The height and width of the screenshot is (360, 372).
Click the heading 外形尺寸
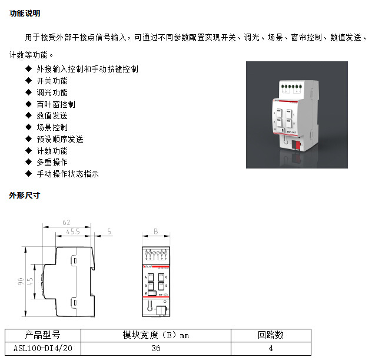coord(25,194)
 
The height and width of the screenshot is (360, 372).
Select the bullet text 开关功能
coord(52,81)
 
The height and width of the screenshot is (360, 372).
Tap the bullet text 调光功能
coord(52,93)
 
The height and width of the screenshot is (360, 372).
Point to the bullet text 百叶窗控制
coord(56,104)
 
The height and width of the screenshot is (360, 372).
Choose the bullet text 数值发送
coord(52,115)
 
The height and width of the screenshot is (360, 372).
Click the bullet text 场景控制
coord(52,127)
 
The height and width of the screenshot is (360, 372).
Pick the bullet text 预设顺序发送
coord(60,139)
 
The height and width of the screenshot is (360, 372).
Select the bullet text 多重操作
coord(52,162)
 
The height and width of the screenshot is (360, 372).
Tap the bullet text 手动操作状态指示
coord(68,174)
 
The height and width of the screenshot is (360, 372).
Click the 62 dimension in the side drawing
coord(66,223)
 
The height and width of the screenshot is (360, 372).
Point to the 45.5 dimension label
coord(73,232)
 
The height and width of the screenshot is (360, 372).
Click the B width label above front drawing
coord(155,231)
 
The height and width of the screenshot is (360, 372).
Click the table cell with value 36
coord(155,348)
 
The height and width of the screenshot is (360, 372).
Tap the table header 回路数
coord(270,335)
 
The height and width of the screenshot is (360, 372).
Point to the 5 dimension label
coord(109,232)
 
